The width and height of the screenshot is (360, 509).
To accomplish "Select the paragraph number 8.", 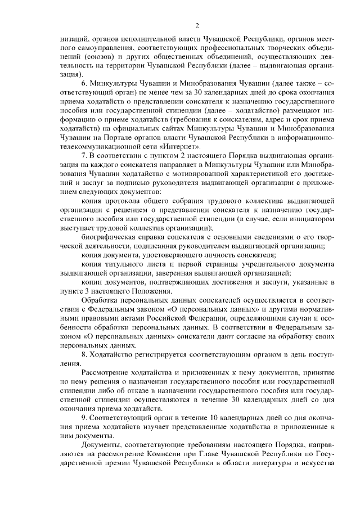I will (x=84, y=355).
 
